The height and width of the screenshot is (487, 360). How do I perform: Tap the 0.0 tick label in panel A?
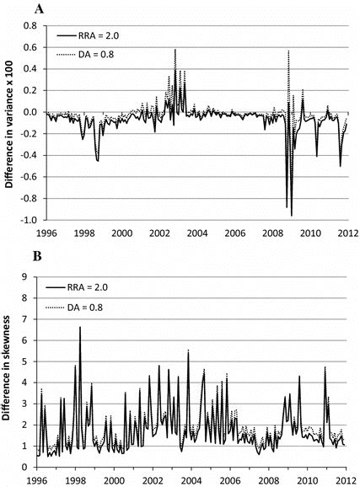point(30,112)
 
